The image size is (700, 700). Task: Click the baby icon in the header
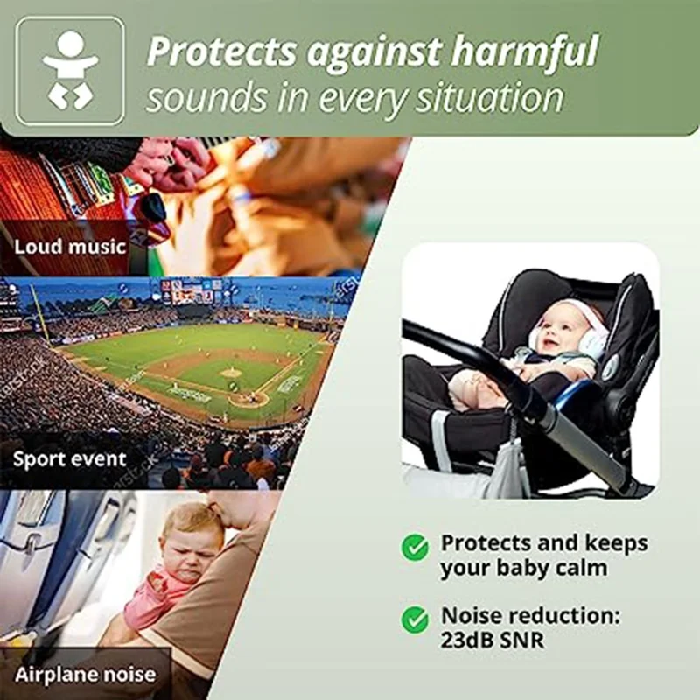tap(70, 71)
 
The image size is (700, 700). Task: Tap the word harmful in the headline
tap(524, 52)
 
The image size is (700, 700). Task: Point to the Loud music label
tap(70, 246)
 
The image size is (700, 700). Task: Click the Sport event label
tap(70, 458)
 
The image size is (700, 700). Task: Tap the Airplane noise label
tap(85, 674)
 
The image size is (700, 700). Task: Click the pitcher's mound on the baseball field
tap(230, 372)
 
